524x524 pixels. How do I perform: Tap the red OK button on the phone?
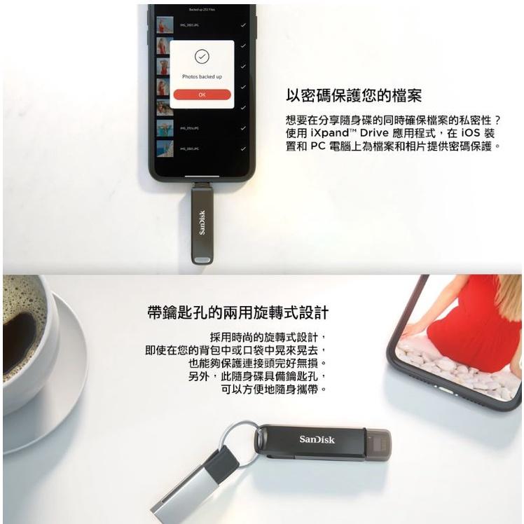(202, 94)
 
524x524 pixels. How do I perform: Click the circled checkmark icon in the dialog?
(202, 57)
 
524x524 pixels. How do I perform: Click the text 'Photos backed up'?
(202, 76)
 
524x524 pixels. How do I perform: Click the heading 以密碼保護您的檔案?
(354, 95)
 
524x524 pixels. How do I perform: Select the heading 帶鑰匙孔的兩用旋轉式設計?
(238, 312)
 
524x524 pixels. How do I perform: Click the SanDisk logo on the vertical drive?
(202, 222)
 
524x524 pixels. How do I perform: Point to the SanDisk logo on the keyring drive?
(317, 439)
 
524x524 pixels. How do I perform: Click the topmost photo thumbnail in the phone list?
(164, 26)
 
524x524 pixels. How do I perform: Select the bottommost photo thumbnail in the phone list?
(164, 149)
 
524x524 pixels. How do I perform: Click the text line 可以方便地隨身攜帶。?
(274, 389)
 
